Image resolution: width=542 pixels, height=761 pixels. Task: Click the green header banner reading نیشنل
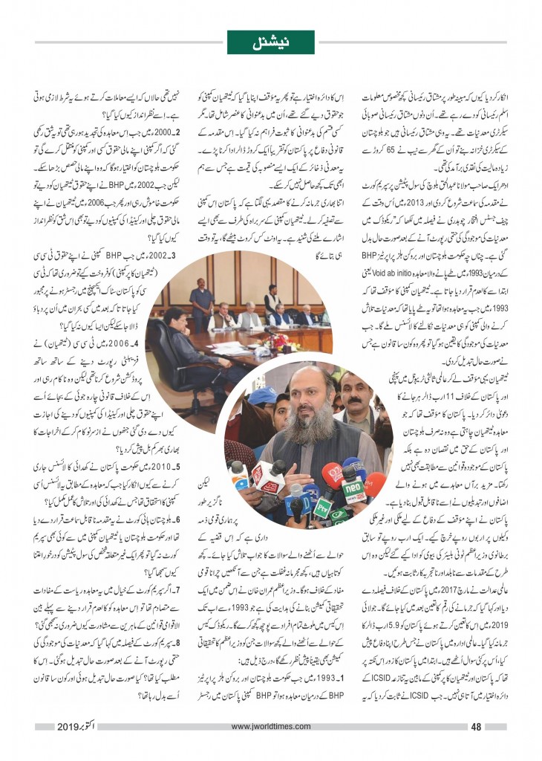[x=270, y=44]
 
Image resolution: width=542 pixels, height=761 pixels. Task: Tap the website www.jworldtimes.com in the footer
[x=270, y=728]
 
